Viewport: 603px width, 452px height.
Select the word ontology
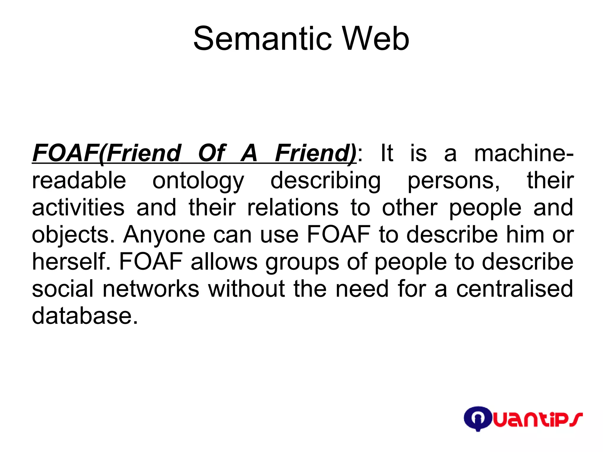pos(198,181)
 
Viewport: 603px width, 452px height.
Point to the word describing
pos(325,181)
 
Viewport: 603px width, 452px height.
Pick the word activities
pos(78,207)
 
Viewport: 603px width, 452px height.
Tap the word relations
pos(293,207)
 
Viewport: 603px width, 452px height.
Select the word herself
pos(71,261)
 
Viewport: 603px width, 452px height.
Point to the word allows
pos(224,261)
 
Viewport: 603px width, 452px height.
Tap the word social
pos(63,289)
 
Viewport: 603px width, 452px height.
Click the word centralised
pos(515,289)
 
